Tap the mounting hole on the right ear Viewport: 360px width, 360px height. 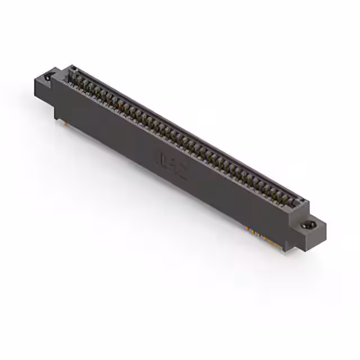click(308, 226)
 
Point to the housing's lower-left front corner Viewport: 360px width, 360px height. click(55, 116)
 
